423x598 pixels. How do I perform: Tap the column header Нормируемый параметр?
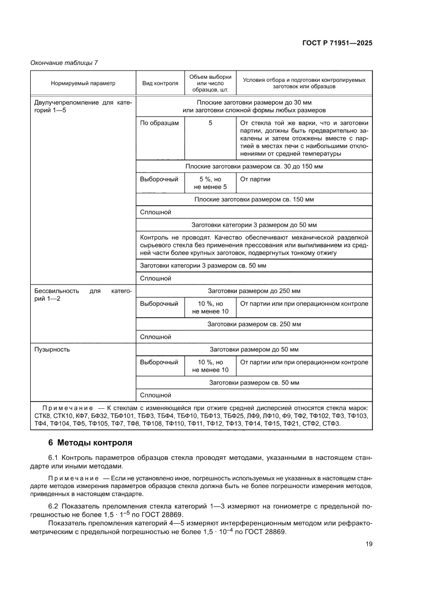click(83, 83)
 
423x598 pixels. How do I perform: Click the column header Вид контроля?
click(160, 83)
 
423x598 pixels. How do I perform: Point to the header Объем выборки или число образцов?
click(210, 83)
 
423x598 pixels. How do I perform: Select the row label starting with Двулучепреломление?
click(82, 106)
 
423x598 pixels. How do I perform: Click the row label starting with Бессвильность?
click(82, 295)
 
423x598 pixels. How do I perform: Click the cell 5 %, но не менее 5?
click(210, 183)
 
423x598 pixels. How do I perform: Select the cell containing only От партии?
click(255, 180)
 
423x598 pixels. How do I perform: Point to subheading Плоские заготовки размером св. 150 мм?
click(254, 200)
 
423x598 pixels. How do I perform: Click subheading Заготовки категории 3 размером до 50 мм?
click(254, 225)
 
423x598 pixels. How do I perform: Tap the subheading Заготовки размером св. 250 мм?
click(254, 324)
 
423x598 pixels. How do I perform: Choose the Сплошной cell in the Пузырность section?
click(155, 395)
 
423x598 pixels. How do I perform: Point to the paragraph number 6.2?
click(54, 505)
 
